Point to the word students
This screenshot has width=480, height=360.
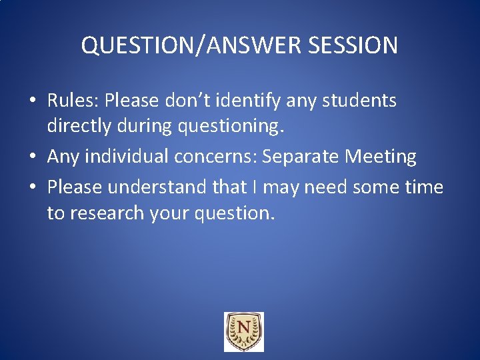[x=358, y=101]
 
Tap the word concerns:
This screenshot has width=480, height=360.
[x=216, y=157]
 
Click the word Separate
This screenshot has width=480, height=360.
[x=301, y=157]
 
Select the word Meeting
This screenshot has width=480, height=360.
[x=381, y=157]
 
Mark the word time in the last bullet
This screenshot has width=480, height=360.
[x=424, y=187]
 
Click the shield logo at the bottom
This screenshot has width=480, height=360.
[x=243, y=331]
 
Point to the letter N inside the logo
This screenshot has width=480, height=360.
[x=243, y=329]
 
